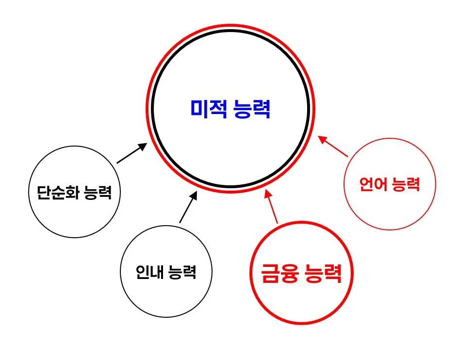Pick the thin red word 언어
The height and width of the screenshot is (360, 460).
click(373, 184)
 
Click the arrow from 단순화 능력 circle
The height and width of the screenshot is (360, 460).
click(131, 153)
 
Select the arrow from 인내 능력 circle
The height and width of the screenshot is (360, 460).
click(188, 207)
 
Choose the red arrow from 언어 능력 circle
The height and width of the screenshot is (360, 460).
click(333, 147)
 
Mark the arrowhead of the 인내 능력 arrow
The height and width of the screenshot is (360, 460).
click(195, 195)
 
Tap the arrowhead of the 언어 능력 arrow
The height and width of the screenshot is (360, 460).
click(322, 138)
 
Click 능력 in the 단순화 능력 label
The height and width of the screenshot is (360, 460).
click(98, 193)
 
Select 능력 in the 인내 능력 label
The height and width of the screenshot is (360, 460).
click(182, 272)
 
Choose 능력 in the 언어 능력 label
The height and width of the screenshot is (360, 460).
click(405, 184)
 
